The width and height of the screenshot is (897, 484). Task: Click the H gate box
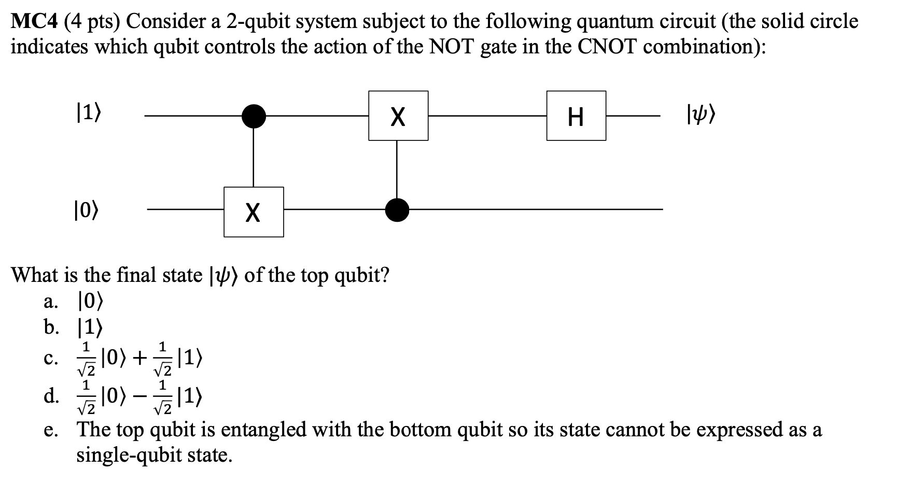576,116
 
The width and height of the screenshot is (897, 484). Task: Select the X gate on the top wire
398,116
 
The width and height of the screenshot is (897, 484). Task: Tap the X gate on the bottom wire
254,211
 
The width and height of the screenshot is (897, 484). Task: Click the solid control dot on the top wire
254,116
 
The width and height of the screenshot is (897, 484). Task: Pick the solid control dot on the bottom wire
397,209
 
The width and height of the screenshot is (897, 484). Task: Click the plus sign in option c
139,358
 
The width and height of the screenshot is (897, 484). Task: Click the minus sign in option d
139,397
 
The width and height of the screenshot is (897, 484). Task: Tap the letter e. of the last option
51,430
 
